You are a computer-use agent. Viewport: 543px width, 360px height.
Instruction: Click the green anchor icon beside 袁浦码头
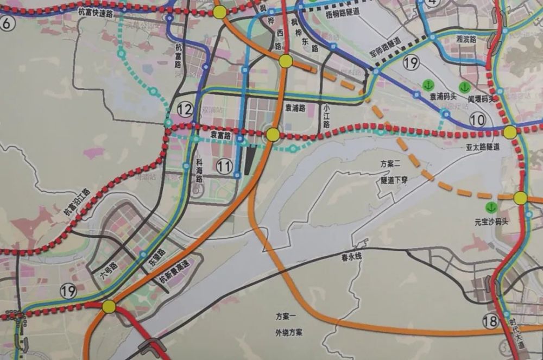point(427,85)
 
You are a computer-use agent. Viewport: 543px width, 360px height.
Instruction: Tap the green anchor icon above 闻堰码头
point(464,87)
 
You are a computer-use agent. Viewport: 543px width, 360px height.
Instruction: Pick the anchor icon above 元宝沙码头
point(491,206)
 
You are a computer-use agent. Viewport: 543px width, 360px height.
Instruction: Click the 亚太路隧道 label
point(482,147)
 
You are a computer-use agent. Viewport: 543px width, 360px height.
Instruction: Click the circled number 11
point(224,166)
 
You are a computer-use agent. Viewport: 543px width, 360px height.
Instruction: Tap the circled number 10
point(478,121)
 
